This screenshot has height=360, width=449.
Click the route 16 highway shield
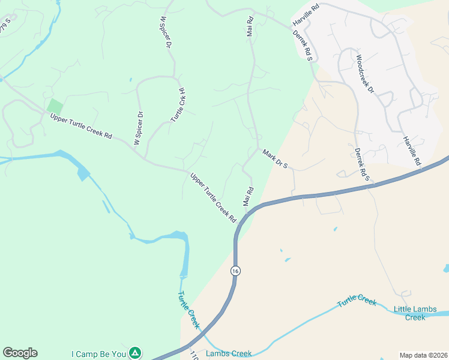click(235, 271)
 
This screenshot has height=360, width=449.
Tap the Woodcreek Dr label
click(365, 74)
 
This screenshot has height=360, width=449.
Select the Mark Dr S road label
click(276, 158)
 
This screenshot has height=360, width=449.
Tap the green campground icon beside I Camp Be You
click(136, 353)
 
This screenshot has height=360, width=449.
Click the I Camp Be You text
click(98, 354)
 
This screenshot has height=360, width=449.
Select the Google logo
click(20, 353)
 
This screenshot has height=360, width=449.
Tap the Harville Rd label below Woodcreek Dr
click(412, 151)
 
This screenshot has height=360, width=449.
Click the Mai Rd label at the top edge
click(250, 26)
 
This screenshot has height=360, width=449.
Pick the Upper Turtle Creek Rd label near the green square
click(81, 127)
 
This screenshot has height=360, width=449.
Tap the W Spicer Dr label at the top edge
click(166, 32)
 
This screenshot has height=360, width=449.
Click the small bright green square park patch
click(55, 106)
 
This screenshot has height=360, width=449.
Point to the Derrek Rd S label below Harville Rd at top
click(303, 46)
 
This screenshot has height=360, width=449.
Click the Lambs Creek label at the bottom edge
click(229, 353)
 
